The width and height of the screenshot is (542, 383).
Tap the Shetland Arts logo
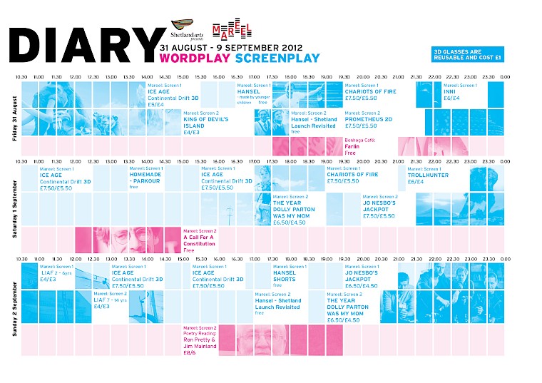(187, 29)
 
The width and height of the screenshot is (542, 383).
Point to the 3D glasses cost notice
(468, 53)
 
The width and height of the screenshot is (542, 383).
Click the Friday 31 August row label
(15, 117)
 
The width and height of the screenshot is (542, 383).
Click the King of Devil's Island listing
(205, 122)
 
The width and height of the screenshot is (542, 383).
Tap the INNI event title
(449, 91)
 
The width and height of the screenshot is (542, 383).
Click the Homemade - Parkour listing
(145, 178)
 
